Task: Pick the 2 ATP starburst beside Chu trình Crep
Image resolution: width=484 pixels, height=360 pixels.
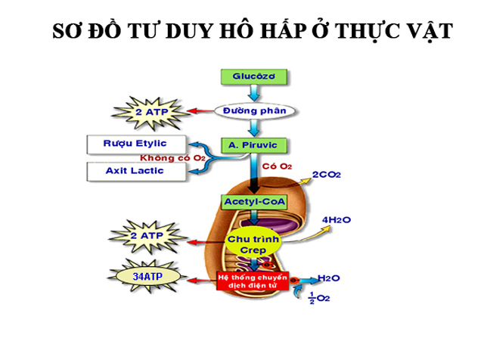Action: (x=148, y=237)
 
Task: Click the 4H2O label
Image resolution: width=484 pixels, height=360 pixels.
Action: (x=335, y=220)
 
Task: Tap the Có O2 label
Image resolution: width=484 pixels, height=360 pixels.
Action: (x=276, y=165)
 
